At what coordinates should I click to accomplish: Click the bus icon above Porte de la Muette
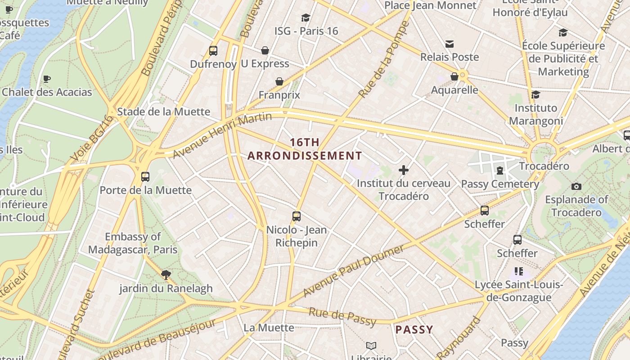pyautogui.click(x=145, y=177)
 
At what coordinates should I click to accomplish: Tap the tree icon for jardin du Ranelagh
pyautogui.click(x=166, y=274)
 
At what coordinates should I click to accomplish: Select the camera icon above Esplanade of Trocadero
pyautogui.click(x=576, y=186)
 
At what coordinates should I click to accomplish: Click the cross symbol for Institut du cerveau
pyautogui.click(x=404, y=170)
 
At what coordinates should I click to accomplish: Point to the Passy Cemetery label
pyautogui.click(x=500, y=184)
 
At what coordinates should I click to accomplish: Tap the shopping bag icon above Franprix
pyautogui.click(x=279, y=81)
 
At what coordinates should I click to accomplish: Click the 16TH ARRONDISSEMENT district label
pyautogui.click(x=305, y=149)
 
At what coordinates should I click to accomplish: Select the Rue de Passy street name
pyautogui.click(x=342, y=316)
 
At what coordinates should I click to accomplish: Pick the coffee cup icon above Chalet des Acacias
pyautogui.click(x=47, y=79)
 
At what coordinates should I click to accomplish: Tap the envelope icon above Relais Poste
pyautogui.click(x=449, y=44)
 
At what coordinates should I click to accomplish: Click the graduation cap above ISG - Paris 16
pyautogui.click(x=306, y=18)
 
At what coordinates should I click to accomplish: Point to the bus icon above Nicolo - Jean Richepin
pyautogui.click(x=296, y=216)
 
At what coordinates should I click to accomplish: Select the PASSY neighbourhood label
pyautogui.click(x=414, y=330)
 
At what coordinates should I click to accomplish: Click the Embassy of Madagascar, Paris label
pyautogui.click(x=133, y=243)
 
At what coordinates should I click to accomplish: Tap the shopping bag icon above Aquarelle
pyautogui.click(x=454, y=76)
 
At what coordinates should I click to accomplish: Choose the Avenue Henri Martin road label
pyautogui.click(x=222, y=135)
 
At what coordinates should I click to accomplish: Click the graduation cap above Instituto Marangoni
pyautogui.click(x=535, y=94)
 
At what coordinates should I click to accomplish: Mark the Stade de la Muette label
pyautogui.click(x=164, y=112)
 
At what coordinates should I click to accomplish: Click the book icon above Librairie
pyautogui.click(x=371, y=346)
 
